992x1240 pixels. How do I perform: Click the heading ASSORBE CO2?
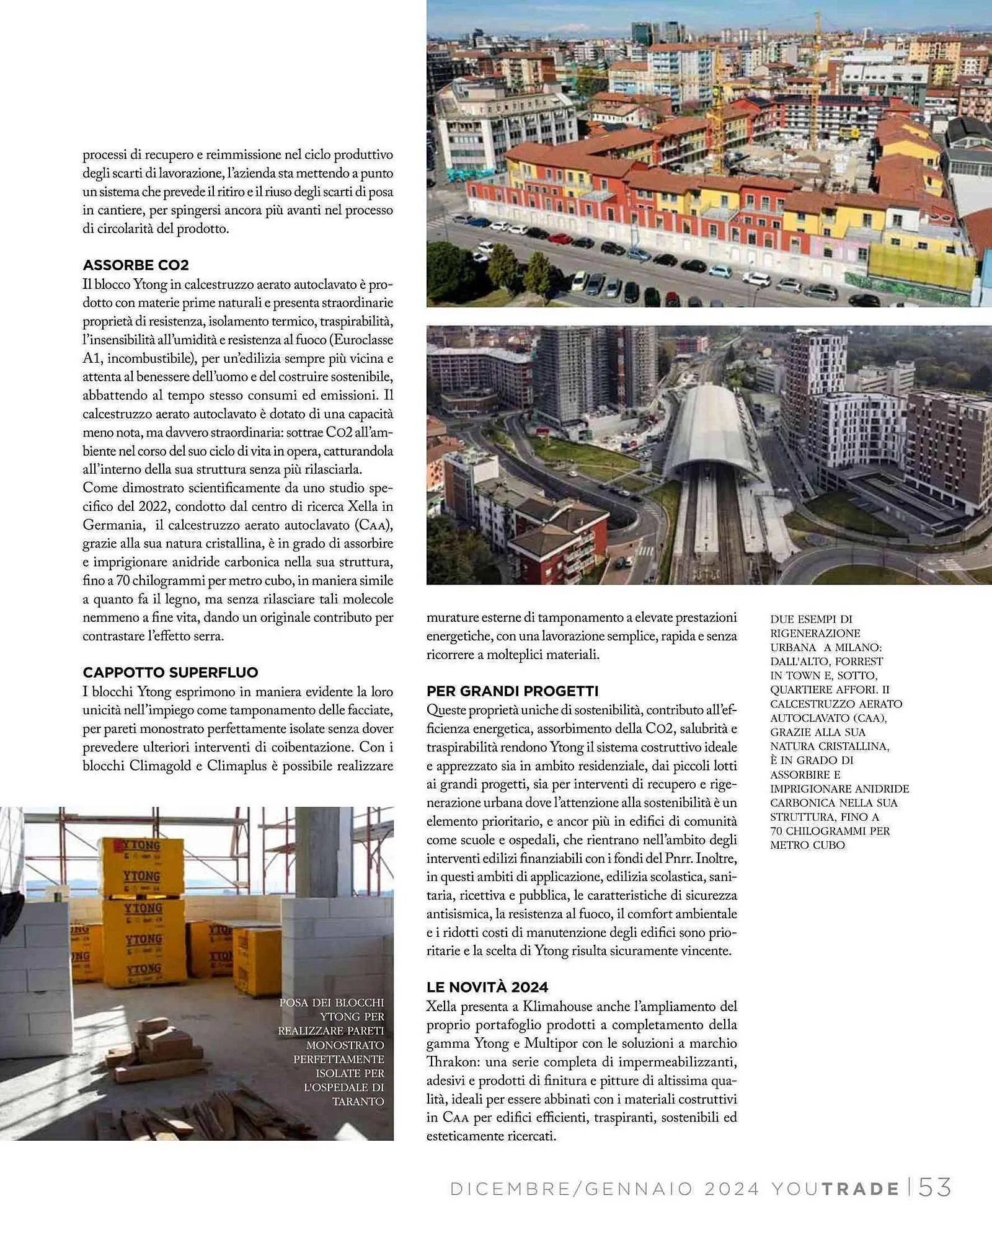pos(136,265)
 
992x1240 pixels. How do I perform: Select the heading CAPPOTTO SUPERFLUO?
pos(170,673)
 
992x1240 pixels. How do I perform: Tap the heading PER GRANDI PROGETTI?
pos(512,691)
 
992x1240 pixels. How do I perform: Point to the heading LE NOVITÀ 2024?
pos(487,988)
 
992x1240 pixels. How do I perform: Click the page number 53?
pos(934,1188)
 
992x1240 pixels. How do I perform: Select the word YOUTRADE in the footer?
pos(835,1189)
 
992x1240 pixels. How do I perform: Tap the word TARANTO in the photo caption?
pos(358,1101)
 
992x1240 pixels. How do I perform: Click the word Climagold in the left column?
pos(158,766)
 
